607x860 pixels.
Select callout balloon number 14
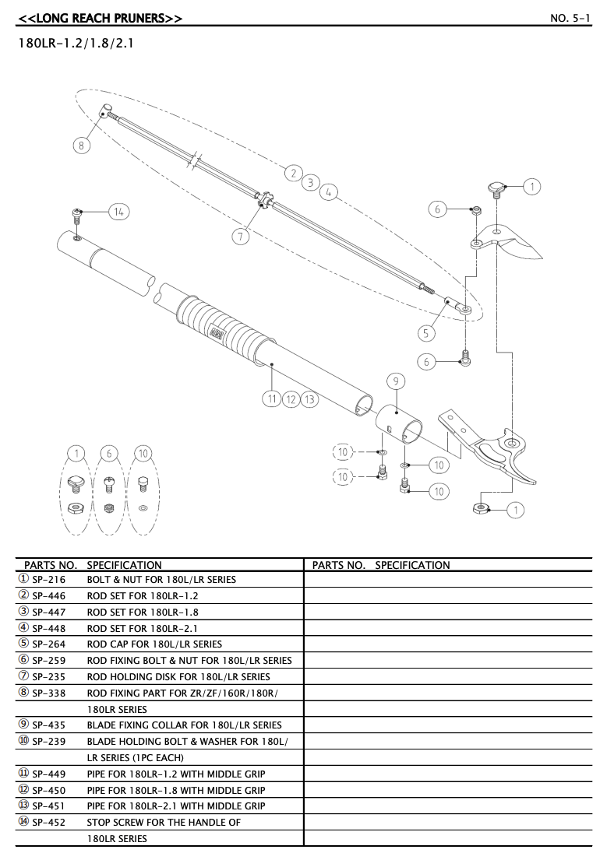click(x=119, y=212)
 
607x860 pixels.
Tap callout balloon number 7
click(x=242, y=236)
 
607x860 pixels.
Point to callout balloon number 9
click(x=396, y=381)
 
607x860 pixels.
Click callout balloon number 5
click(x=425, y=333)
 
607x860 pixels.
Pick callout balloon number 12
click(x=291, y=398)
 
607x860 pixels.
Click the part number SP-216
click(x=48, y=579)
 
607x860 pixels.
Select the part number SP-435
click(x=48, y=725)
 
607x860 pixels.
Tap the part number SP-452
click(x=48, y=822)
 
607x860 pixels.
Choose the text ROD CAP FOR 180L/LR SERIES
click(x=154, y=644)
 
